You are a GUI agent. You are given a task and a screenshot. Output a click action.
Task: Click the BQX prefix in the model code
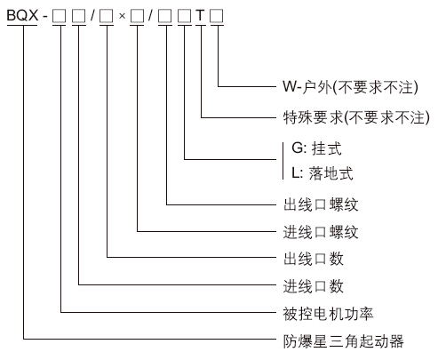click(x=22, y=15)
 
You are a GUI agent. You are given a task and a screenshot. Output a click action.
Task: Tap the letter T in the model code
click(x=201, y=15)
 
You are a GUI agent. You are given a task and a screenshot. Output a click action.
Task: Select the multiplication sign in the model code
click(x=122, y=16)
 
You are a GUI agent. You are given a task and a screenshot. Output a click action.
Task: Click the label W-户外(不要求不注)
click(x=350, y=87)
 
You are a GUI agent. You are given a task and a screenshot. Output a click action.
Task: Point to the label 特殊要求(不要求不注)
click(x=356, y=117)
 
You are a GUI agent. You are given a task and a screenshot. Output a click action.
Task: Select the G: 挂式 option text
click(x=316, y=148)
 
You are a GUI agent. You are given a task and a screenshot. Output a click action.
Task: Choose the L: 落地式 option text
click(x=323, y=173)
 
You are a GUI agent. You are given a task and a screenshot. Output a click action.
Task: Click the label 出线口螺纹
click(x=321, y=204)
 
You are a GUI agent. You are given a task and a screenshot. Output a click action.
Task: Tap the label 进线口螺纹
click(x=321, y=232)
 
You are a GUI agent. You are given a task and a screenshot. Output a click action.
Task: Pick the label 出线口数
click(x=314, y=259)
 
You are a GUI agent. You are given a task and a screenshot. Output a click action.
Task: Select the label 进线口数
click(x=314, y=286)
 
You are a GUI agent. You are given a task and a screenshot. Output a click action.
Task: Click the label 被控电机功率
click(x=328, y=314)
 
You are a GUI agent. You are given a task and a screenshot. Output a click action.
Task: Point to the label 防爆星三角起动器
click(x=343, y=341)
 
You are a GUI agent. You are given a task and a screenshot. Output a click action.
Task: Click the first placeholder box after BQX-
click(x=60, y=16)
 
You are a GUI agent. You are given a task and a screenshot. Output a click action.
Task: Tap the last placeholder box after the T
click(x=217, y=16)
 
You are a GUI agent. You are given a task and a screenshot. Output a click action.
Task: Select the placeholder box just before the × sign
click(x=107, y=16)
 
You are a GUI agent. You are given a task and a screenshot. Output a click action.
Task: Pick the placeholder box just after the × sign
click(x=137, y=16)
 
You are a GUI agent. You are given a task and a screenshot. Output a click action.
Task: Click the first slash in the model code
click(x=92, y=15)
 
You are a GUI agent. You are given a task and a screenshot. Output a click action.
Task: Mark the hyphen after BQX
click(x=45, y=17)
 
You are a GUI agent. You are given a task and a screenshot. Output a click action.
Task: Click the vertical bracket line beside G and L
click(x=283, y=161)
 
